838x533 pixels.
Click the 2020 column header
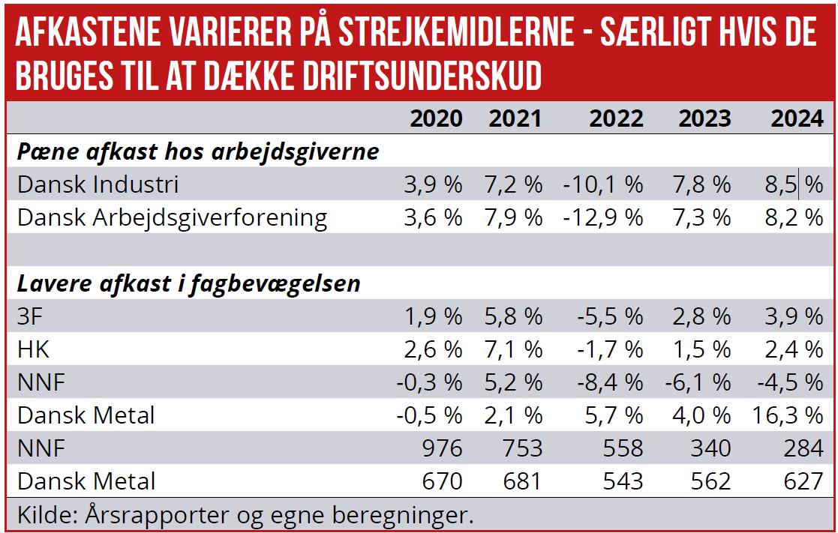pyautogui.click(x=436, y=118)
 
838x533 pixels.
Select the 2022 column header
pyautogui.click(x=616, y=118)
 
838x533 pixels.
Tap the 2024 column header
pyautogui.click(x=797, y=118)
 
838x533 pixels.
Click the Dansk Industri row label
pyautogui.click(x=98, y=184)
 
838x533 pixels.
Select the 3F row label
pyautogui.click(x=30, y=317)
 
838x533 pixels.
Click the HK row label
pyautogui.click(x=33, y=350)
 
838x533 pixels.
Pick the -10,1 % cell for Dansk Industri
pyautogui.click(x=603, y=184)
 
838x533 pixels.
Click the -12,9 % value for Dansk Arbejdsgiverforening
pyautogui.click(x=603, y=218)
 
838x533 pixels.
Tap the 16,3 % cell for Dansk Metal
pyautogui.click(x=786, y=415)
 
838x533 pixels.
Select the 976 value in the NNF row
pyautogui.click(x=442, y=448)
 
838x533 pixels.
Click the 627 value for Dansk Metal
pyautogui.click(x=803, y=482)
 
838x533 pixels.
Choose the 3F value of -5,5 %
pyautogui.click(x=610, y=317)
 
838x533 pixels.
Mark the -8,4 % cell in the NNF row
pyautogui.click(x=610, y=383)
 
